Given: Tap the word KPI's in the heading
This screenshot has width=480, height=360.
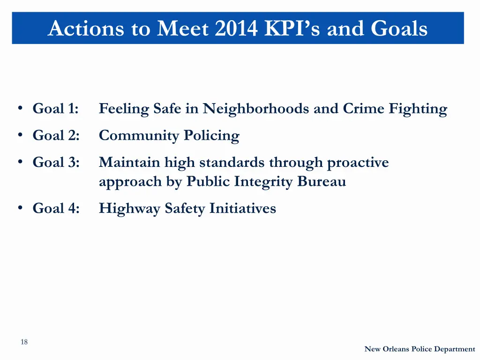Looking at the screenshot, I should point(293,29).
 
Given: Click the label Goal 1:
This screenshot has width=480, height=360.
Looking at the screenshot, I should point(56,109).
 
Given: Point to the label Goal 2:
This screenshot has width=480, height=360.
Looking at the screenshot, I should point(56,135).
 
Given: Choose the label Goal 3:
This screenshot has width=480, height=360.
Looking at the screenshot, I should point(56,163).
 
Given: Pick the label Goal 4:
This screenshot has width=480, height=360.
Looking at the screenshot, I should point(56,208).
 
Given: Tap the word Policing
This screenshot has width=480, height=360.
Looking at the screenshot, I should point(211,136).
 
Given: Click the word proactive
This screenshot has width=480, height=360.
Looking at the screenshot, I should point(358,163).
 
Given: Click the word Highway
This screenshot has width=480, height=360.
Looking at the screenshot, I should point(129,209).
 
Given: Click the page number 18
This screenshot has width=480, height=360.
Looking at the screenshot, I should point(24,342).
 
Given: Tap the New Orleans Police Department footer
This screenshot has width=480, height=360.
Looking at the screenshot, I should point(420,349).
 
